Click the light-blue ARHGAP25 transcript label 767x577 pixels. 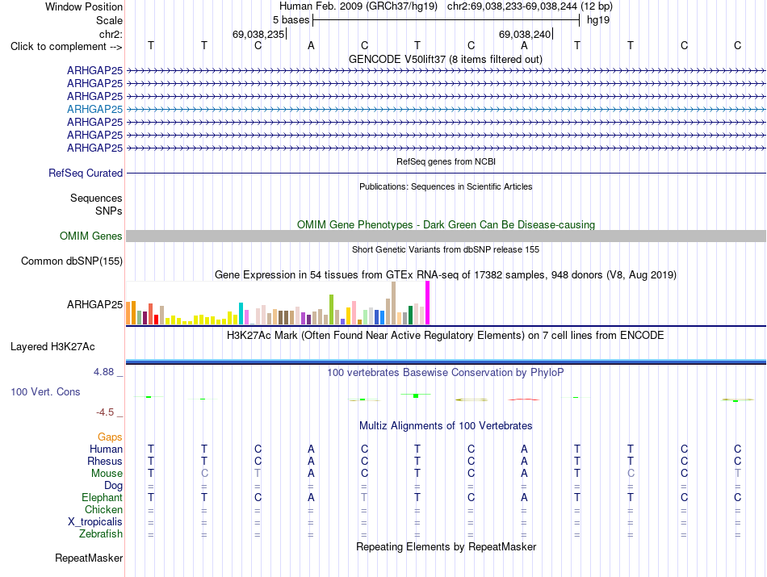[x=95, y=109]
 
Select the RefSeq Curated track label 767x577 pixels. [x=86, y=173]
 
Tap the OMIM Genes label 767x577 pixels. [x=91, y=236]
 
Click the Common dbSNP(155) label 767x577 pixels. [x=72, y=261]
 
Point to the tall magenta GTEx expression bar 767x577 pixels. [x=428, y=303]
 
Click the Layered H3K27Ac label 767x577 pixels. [x=52, y=347]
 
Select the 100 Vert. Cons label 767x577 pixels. [x=45, y=391]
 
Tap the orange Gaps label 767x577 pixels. [x=110, y=437]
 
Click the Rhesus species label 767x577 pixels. [x=105, y=461]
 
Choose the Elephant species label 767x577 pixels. [x=103, y=497]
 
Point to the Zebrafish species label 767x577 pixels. [x=101, y=533]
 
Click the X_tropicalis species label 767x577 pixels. [x=95, y=522]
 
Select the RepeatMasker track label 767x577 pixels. [x=89, y=558]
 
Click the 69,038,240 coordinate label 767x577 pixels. [x=525, y=34]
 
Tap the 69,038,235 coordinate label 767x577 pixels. [x=258, y=34]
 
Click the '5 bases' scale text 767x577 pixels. [x=291, y=20]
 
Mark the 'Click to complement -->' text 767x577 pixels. [x=66, y=47]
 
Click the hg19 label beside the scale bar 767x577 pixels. [x=598, y=20]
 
